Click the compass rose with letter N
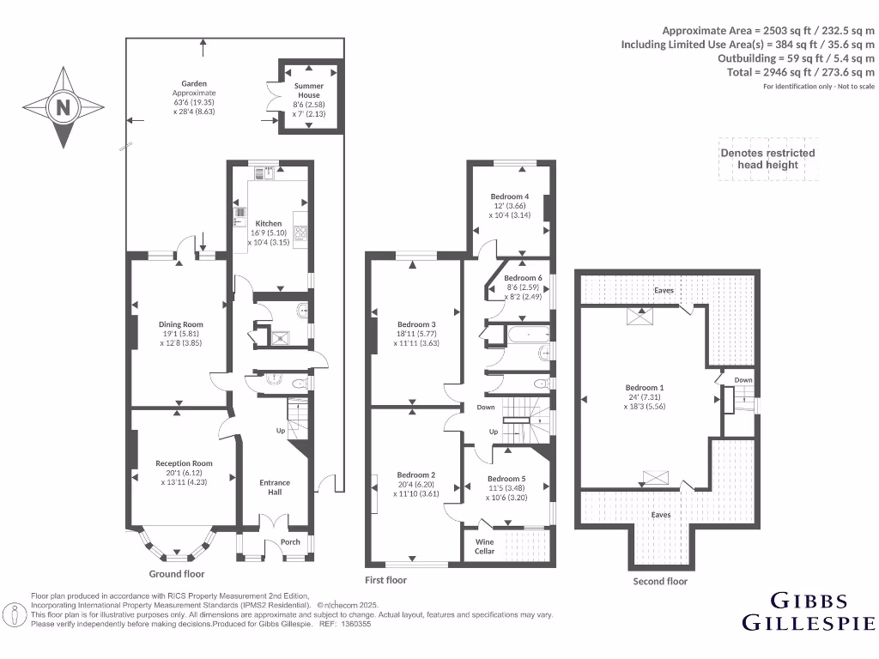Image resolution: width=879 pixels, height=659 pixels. [x=62, y=107]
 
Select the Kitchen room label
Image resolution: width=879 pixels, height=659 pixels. [x=269, y=224]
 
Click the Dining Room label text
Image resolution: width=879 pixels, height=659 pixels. [x=181, y=324]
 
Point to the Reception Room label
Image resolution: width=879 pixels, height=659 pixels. [x=184, y=463]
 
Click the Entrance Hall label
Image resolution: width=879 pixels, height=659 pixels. [x=275, y=487]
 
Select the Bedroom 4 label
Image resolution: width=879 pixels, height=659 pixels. [x=510, y=196]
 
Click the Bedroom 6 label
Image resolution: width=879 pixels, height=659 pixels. [x=523, y=278]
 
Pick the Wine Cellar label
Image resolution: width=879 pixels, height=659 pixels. [x=485, y=546]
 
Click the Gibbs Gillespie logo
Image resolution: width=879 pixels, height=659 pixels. [x=808, y=611]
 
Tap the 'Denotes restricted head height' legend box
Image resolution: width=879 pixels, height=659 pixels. [x=767, y=159]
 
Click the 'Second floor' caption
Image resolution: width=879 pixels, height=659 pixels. [x=660, y=581]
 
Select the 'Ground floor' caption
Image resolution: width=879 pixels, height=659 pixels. [x=177, y=574]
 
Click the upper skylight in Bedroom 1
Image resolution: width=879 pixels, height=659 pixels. [x=639, y=317]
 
